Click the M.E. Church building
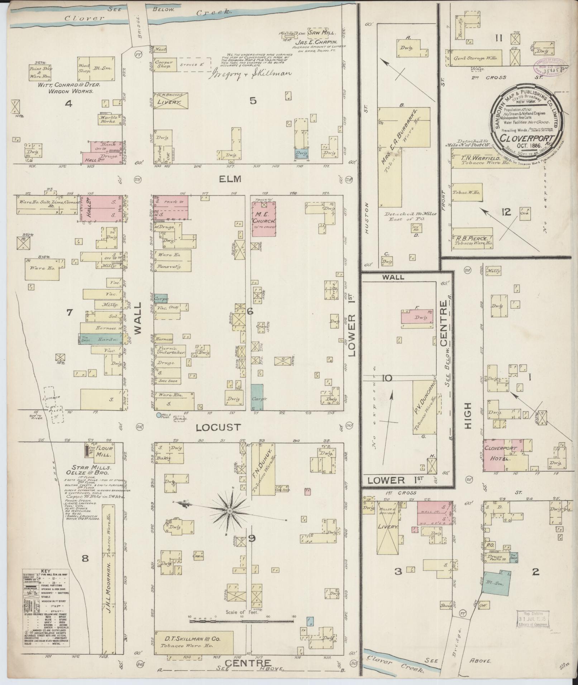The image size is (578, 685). point(264,219)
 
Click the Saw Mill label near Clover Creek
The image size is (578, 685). point(323,33)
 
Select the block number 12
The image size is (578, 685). point(506,213)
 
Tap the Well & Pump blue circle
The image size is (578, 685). point(159,416)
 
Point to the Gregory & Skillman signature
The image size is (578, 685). point(251,74)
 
